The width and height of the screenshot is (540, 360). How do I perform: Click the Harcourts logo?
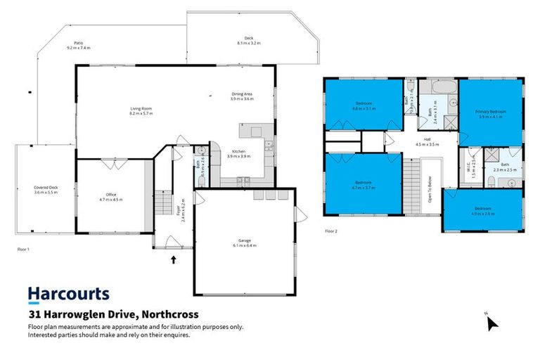tap(68, 294)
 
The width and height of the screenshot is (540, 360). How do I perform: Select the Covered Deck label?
tap(45, 188)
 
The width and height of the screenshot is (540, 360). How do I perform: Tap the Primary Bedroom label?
tap(490, 114)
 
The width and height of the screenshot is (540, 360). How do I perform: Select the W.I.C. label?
tap(473, 169)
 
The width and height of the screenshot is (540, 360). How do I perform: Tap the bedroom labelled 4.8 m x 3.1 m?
tap(363, 107)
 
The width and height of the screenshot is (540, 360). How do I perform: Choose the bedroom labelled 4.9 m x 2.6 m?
tap(482, 212)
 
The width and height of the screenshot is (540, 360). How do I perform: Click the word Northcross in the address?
tap(168, 314)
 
